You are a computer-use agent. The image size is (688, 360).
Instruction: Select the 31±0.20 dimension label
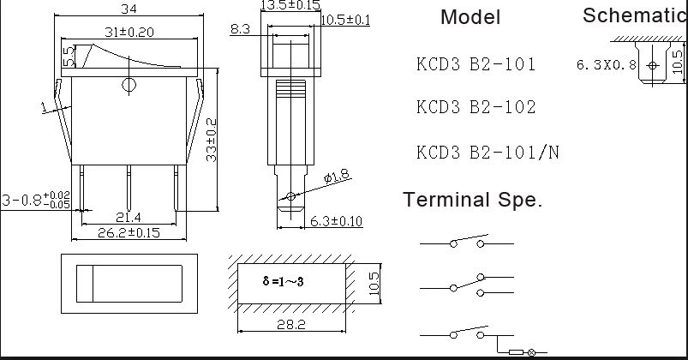point(129,32)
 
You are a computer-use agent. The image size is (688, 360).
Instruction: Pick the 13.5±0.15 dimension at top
point(290,6)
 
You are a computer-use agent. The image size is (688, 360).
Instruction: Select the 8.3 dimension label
point(240,29)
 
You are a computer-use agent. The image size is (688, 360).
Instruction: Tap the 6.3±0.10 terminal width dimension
point(336,222)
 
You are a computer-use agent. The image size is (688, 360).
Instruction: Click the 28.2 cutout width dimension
point(292,325)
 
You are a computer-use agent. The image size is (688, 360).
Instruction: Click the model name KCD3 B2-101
point(476,64)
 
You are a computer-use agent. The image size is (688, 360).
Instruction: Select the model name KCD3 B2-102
point(476,107)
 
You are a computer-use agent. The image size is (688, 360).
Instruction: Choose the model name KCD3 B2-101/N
point(488,153)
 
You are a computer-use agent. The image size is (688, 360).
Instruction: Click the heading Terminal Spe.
point(472,201)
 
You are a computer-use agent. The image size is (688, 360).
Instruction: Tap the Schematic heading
point(635,15)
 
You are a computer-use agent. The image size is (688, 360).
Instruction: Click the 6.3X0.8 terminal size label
point(607,64)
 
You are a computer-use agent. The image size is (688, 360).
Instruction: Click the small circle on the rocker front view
point(129,84)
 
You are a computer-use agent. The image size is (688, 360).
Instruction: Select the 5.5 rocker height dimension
point(69,57)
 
